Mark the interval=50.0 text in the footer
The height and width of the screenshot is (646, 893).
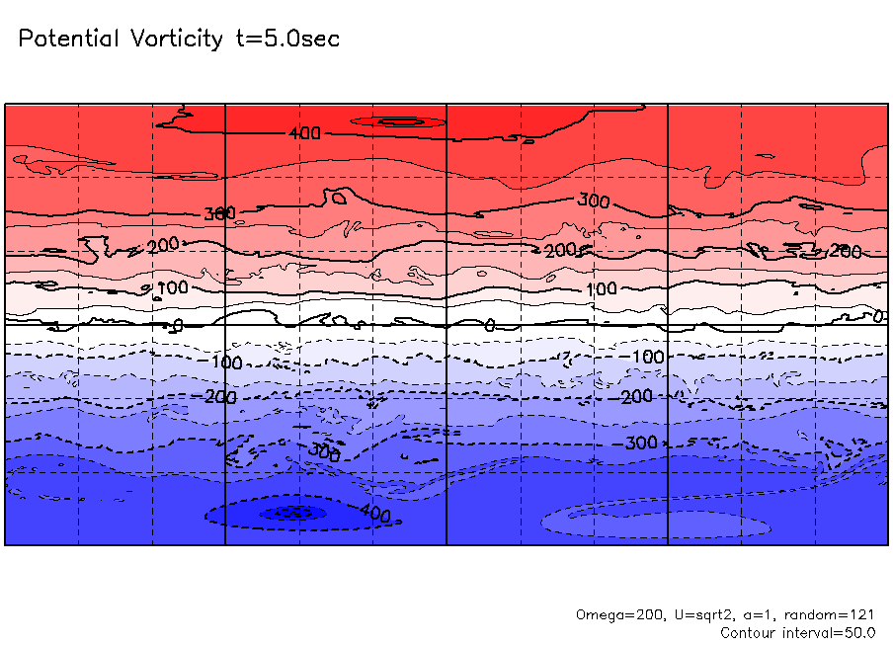832,632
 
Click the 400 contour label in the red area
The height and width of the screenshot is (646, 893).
304,133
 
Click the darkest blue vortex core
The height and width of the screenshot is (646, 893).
292,513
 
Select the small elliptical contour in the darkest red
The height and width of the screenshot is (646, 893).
401,121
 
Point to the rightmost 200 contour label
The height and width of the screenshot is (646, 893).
847,251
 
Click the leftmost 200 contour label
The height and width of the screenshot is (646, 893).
162,245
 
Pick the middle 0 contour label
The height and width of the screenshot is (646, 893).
489,325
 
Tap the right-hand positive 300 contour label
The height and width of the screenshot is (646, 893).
594,201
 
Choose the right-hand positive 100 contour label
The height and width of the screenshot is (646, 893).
602,289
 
